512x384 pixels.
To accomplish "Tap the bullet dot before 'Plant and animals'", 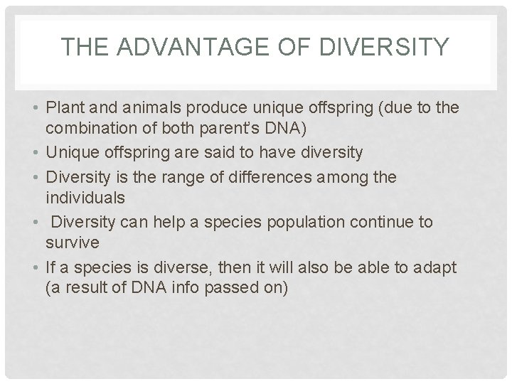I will (35, 108).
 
